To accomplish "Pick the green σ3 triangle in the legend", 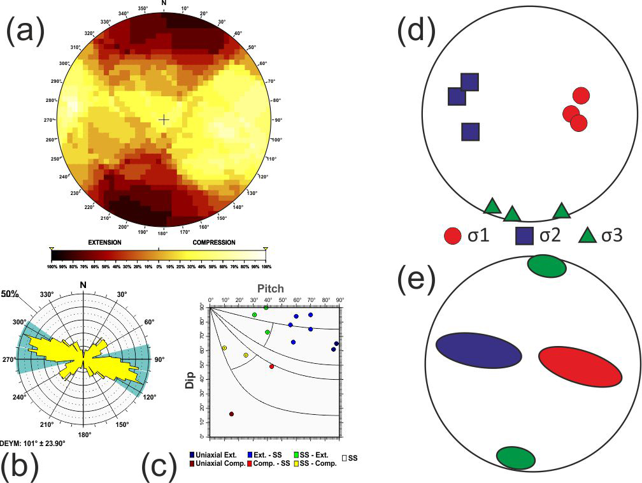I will coord(587,235).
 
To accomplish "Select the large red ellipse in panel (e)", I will coord(580,366).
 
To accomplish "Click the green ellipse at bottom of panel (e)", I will coord(515,456).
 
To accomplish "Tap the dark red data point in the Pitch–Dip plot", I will coord(231,414).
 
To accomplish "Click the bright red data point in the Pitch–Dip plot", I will coord(271,366).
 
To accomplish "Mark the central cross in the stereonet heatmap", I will coord(164,119).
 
